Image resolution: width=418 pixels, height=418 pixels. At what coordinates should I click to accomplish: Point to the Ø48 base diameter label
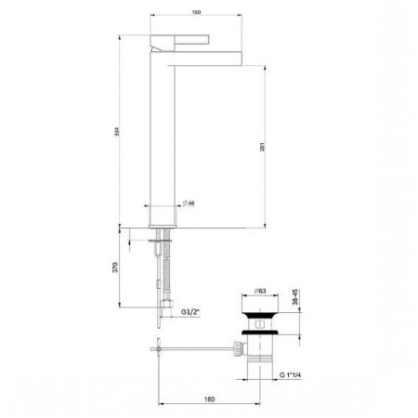click(x=187, y=202)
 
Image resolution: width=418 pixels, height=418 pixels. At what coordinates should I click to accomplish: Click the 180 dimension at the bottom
click(x=208, y=398)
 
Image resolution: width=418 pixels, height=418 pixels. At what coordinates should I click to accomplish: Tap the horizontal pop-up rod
click(x=195, y=350)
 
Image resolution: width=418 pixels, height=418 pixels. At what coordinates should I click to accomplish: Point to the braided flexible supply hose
click(x=166, y=269)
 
